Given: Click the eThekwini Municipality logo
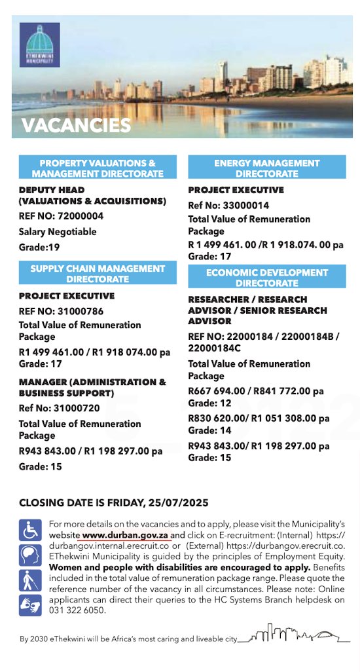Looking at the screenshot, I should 39,45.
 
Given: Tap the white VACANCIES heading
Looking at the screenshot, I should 76,125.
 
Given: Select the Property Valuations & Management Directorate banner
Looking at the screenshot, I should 98,168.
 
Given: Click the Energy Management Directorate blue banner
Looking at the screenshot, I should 267,168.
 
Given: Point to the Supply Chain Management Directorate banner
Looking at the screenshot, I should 98,273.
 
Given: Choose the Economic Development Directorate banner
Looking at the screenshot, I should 267,277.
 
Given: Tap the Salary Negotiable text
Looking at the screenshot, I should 58,231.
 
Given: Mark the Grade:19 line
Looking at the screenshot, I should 39,247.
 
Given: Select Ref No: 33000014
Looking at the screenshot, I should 223,205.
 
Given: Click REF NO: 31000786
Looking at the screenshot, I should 61,311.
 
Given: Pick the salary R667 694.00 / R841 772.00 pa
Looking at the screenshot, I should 255,392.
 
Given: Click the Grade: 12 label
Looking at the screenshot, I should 209,403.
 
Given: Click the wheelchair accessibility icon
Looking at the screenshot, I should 29,529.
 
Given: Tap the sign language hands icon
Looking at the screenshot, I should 29,605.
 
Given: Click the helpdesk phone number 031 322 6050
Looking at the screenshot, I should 77,609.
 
